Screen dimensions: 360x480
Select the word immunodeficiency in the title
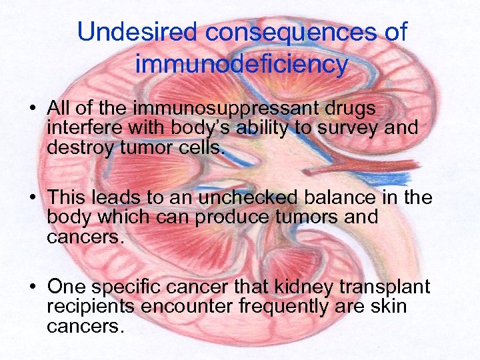[x=241, y=65]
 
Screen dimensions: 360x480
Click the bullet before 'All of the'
[x=33, y=109]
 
